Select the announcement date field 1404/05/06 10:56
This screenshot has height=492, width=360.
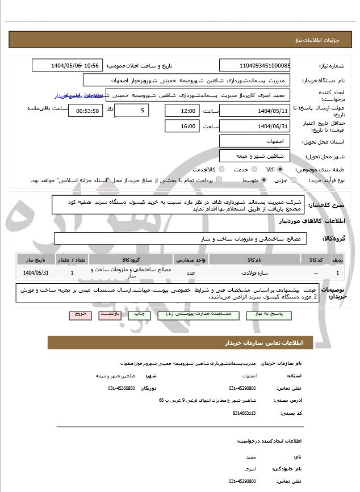coord(67,65)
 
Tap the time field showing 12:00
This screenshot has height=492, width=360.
coord(182,111)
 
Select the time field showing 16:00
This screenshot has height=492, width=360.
coord(182,126)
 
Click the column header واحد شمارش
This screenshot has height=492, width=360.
coord(196,259)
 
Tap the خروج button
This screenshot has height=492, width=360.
coord(79,313)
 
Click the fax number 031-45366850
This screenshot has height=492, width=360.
coord(122,388)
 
